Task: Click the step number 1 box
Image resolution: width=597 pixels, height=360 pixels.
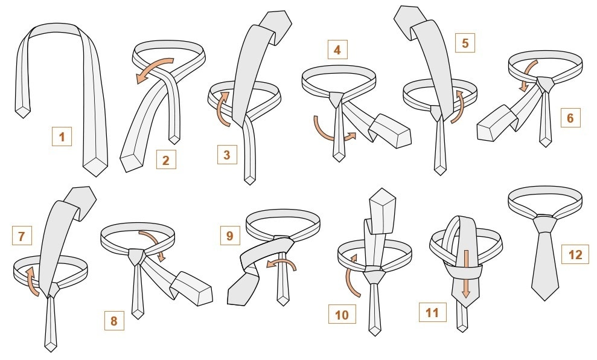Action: pos(62,136)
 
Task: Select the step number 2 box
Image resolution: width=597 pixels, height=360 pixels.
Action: pos(166,159)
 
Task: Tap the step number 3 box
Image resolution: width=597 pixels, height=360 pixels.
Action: pos(227,154)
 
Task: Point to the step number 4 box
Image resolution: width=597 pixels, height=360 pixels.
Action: pos(337,50)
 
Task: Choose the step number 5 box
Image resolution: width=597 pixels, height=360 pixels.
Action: pos(465,43)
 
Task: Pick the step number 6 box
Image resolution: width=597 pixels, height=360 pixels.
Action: pos(570,118)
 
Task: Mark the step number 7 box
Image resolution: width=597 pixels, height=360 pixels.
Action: pos(22,236)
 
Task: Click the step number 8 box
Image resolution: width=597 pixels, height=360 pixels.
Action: pos(114,321)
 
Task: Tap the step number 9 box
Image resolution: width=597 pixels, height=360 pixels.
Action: pos(229,236)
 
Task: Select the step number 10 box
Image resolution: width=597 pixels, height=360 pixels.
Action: pos(342,314)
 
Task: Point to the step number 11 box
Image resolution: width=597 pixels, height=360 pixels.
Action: pos(432,312)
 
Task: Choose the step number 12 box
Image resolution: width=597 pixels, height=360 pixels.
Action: pos(575,254)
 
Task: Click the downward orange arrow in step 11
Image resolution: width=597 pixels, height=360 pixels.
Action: pos(465,274)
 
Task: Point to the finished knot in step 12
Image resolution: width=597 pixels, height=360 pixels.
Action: pos(544,224)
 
